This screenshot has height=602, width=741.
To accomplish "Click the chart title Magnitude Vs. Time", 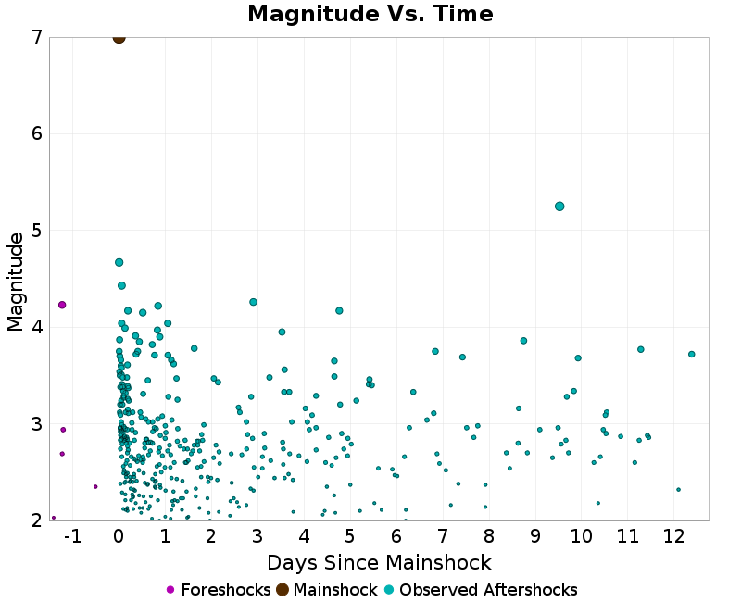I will (370, 14).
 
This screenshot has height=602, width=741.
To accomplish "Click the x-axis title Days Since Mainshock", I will (379, 562).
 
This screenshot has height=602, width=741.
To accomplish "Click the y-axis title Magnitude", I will (15, 282).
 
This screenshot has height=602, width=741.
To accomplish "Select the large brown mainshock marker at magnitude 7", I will (119, 37).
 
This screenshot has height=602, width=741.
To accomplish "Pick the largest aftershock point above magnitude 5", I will (559, 207).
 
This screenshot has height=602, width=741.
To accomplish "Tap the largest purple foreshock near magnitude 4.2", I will (62, 305).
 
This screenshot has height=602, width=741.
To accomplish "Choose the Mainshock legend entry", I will (328, 590).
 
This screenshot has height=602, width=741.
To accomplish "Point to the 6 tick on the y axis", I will (36, 134).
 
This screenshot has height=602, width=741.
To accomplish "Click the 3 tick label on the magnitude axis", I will (36, 424).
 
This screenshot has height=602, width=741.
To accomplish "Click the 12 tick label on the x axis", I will (673, 537).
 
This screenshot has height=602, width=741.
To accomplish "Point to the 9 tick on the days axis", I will (535, 537).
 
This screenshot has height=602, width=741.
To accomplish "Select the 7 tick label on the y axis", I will (36, 38).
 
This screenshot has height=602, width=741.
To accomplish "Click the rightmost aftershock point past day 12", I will (692, 354).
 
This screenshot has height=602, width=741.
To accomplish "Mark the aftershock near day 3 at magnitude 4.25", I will (253, 302).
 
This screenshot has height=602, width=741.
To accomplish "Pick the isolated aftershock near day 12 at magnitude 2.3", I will (678, 490).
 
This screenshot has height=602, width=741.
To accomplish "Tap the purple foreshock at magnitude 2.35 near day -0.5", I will (95, 486).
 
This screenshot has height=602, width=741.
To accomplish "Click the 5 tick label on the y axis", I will (36, 231).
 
